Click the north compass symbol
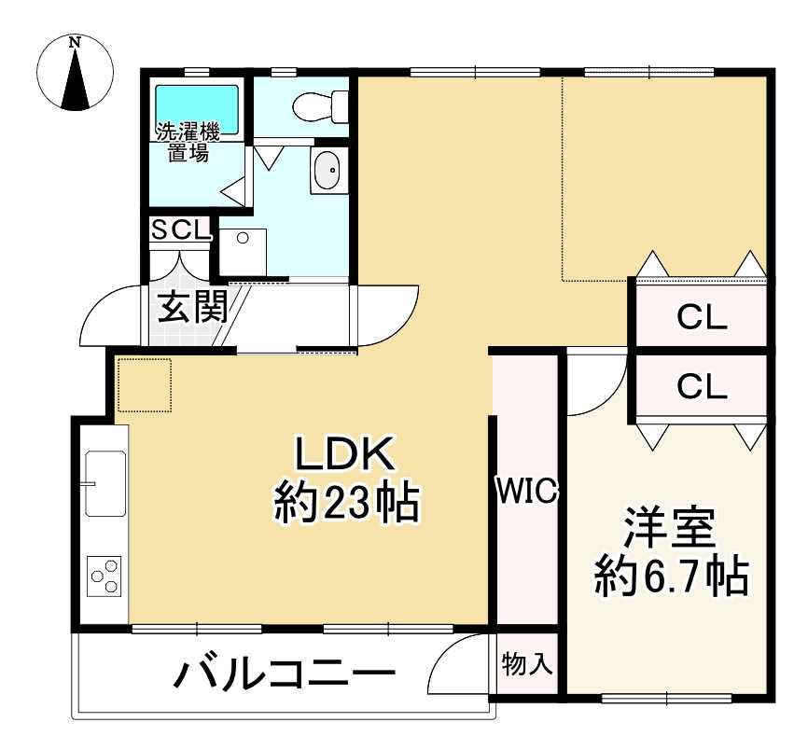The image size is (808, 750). (x=75, y=74)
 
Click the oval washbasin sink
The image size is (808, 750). (x=327, y=171)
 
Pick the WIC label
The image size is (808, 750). (x=526, y=490)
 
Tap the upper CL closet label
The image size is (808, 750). (x=702, y=318)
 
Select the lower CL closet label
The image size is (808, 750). (x=702, y=385)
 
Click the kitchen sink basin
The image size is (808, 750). (x=105, y=483)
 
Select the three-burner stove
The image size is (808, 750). (x=104, y=576)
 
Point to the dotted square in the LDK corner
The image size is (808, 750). (x=145, y=384)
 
